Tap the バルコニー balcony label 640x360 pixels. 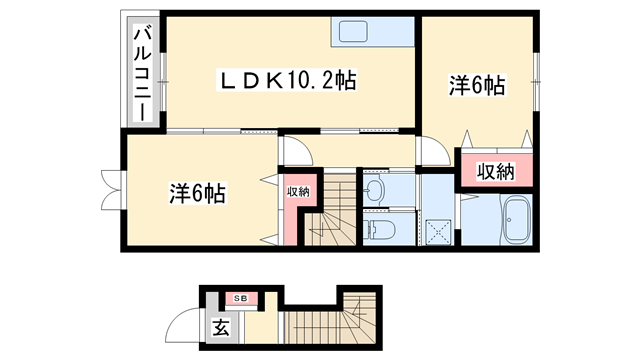click(x=142, y=72)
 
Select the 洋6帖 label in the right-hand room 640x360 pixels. click(x=476, y=87)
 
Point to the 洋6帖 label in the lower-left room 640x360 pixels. click(x=196, y=191)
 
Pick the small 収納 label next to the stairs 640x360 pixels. click(x=298, y=191)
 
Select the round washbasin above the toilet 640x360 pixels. click(x=376, y=188)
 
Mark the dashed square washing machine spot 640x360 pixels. click(x=437, y=228)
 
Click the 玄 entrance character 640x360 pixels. click(x=221, y=327)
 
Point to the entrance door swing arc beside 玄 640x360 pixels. click(x=184, y=325)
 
